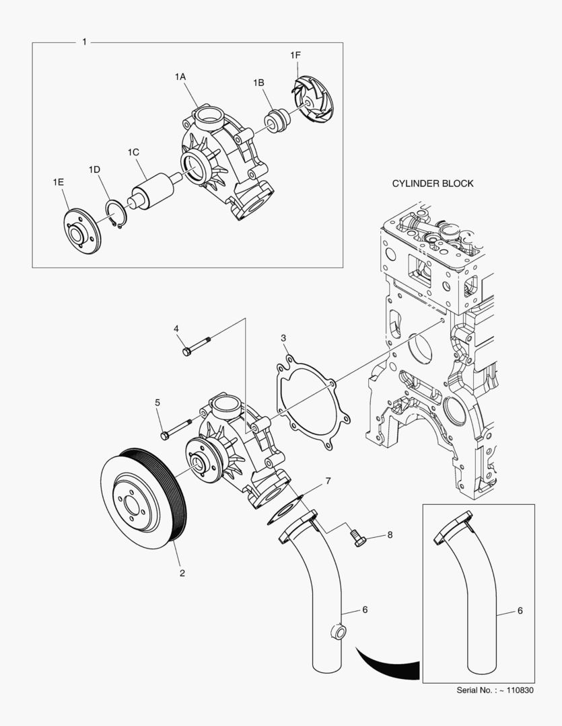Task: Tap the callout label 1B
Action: coord(258,83)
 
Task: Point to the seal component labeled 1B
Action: coord(277,120)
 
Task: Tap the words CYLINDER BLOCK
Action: coord(433,184)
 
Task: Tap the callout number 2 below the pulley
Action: coord(182,573)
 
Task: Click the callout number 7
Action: coord(328,481)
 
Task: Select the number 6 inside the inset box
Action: coord(520,611)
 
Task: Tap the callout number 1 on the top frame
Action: coord(84,42)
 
